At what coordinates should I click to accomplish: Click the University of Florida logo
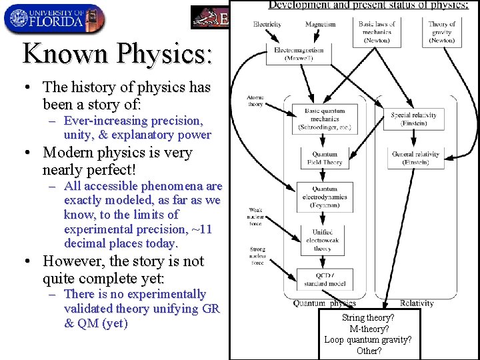[x=54, y=18]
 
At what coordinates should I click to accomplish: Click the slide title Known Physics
[x=117, y=53]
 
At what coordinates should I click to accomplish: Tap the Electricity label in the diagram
[x=267, y=25]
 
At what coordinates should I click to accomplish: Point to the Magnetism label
[x=320, y=25]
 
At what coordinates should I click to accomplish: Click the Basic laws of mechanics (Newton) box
[x=377, y=32]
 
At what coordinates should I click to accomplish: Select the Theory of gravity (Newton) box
[x=441, y=32]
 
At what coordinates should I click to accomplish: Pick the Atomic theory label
[x=255, y=101]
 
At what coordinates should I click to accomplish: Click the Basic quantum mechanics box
[x=321, y=119]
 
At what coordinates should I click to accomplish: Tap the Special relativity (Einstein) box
[x=415, y=119]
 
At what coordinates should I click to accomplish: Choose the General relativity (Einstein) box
[x=415, y=158]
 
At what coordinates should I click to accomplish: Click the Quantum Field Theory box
[x=325, y=158]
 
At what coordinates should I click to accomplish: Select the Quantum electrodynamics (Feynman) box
[x=325, y=197]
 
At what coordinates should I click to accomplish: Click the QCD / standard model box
[x=325, y=279]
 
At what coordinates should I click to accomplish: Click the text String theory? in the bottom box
[x=368, y=318]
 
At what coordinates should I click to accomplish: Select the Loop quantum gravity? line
[x=368, y=339]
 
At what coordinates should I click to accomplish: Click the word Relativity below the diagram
[x=417, y=303]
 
